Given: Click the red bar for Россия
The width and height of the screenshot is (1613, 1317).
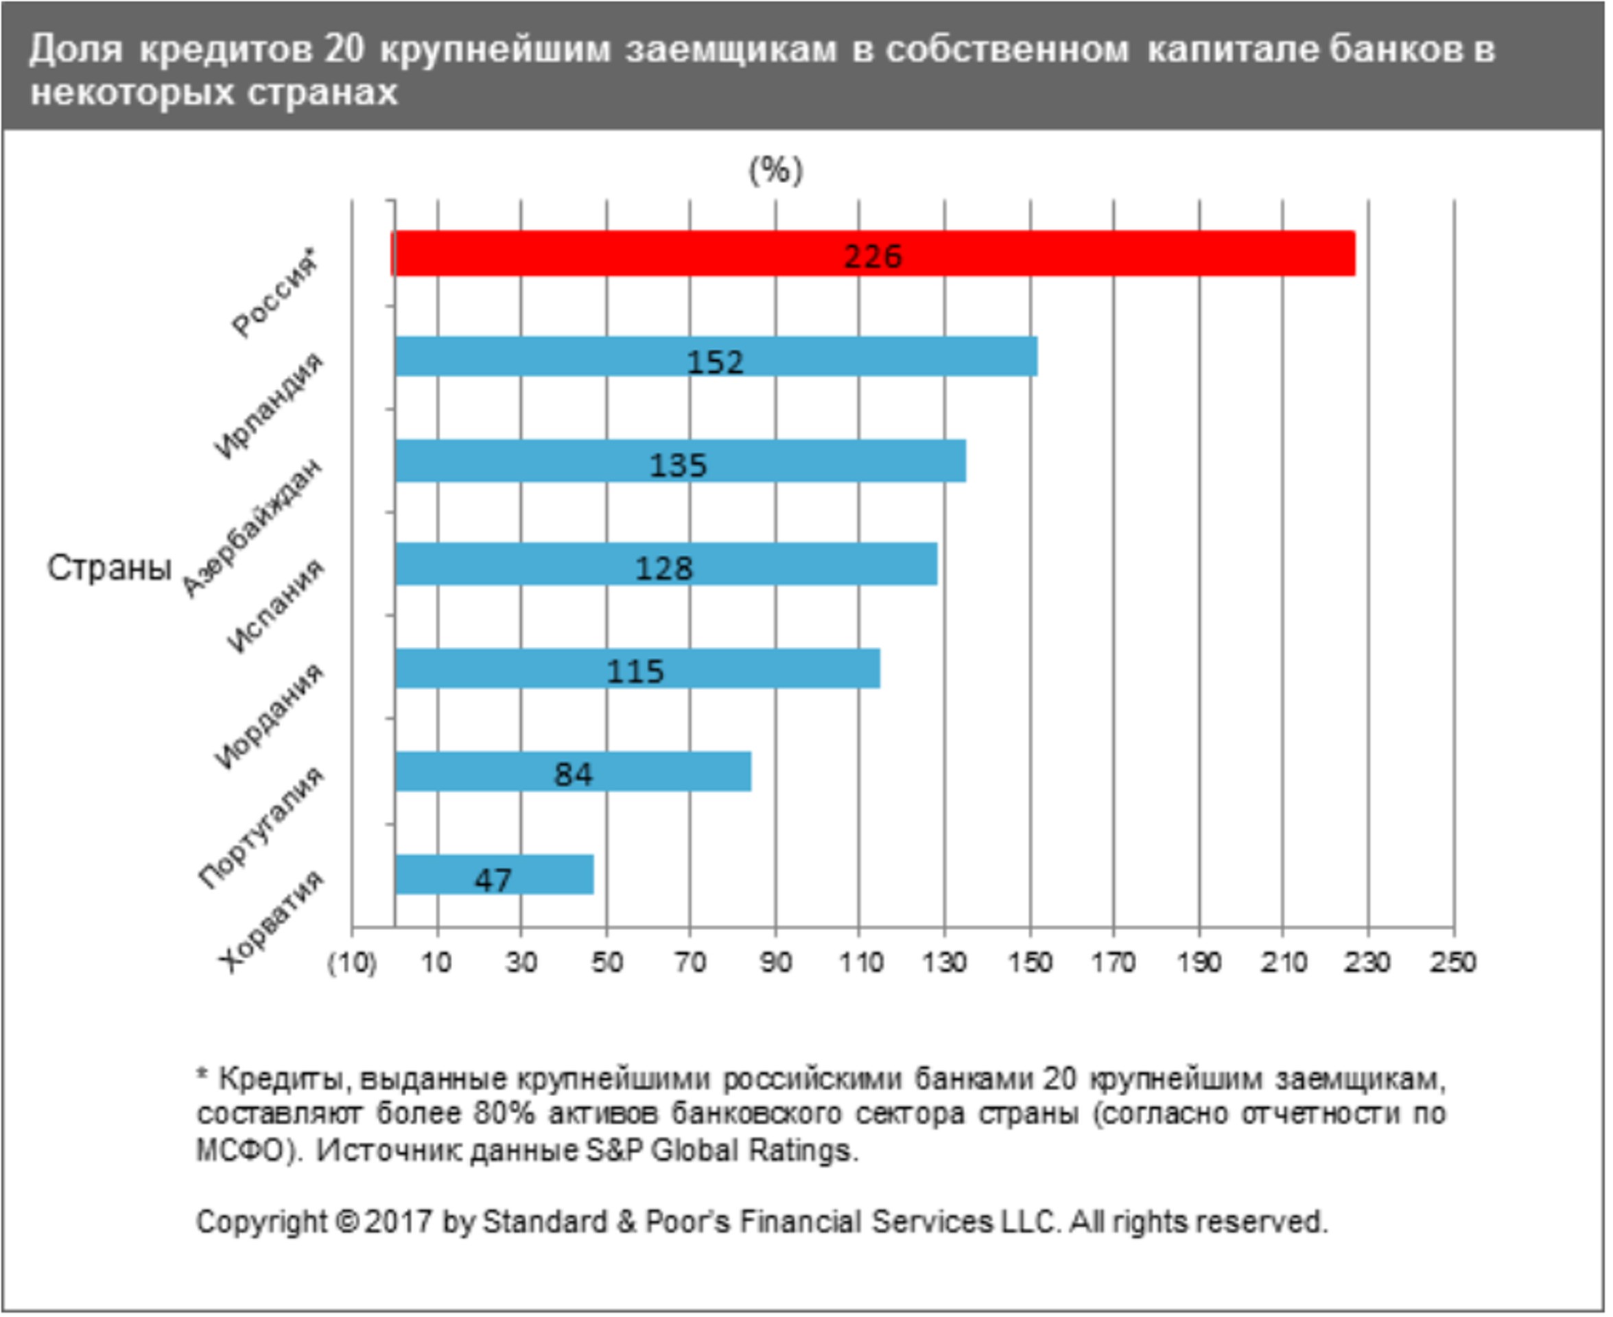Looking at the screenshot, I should [x=1062, y=253].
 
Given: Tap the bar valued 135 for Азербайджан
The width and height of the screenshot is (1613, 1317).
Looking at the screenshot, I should [x=834, y=460].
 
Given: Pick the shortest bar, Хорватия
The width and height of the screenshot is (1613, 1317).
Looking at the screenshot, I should [x=546, y=875].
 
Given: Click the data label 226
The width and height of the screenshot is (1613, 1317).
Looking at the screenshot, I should [x=873, y=257].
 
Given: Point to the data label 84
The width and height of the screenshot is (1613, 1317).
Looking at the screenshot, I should [x=573, y=774].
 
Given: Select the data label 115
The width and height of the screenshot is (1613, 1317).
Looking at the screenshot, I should [x=635, y=672].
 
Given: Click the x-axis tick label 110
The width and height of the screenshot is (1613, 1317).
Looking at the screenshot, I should [x=860, y=963].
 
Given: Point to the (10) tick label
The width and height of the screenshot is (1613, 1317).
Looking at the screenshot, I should [x=351, y=964].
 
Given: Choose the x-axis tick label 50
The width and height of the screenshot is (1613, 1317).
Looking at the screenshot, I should [x=607, y=963].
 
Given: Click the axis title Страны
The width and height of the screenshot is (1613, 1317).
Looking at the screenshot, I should [x=109, y=567].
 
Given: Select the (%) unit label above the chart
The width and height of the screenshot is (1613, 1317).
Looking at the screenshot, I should [x=775, y=170].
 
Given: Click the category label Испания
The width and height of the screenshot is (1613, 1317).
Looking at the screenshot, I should [x=274, y=606].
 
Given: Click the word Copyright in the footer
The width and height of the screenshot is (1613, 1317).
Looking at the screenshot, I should [x=261, y=1222].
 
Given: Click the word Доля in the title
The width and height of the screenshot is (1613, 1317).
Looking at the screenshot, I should [x=76, y=49].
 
